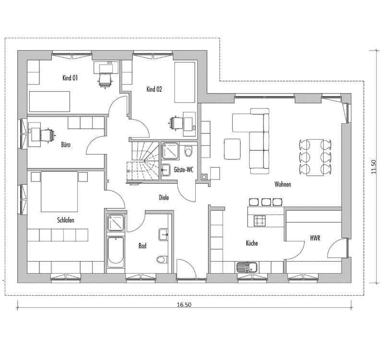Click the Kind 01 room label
pyautogui.click(x=70, y=78)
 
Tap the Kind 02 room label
pyautogui.click(x=154, y=89)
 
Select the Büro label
pyautogui.click(x=66, y=145)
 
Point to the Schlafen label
pyautogui.click(x=66, y=220)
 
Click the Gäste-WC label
pyautogui.click(x=184, y=169)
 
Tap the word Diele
pyautogui.click(x=164, y=197)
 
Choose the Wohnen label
pyautogui.click(x=283, y=184)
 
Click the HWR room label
pyautogui.click(x=315, y=238)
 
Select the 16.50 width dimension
pyautogui.click(x=184, y=305)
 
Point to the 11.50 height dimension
pyautogui.click(x=373, y=167)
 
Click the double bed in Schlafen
pyautogui.click(x=59, y=192)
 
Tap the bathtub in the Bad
pyautogui.click(x=116, y=252)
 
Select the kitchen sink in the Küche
pyautogui.click(x=247, y=267)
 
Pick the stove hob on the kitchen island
pyautogui.click(x=260, y=221)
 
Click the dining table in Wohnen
pyautogui.click(x=315, y=157)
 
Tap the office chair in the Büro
pyautogui.click(x=48, y=135)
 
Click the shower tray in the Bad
pyautogui.click(x=116, y=223)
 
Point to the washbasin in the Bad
pyautogui.click(x=163, y=235)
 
